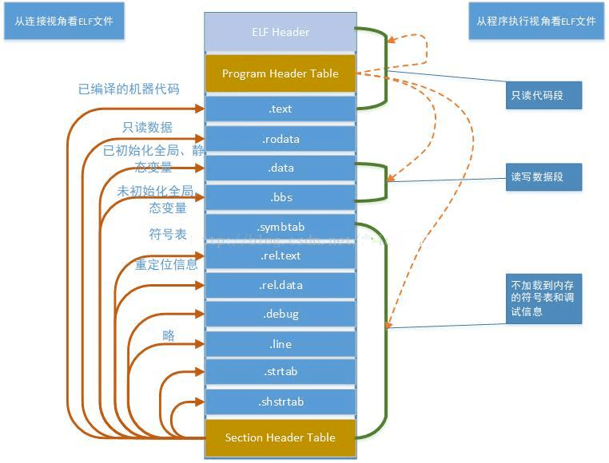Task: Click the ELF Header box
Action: [280, 32]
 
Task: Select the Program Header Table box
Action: [280, 73]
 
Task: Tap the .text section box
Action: [280, 109]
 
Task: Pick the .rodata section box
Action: [280, 139]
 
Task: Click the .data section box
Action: [280, 168]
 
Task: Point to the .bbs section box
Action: [280, 197]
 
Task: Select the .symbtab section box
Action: [280, 227]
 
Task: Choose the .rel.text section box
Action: [280, 255]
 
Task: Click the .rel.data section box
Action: [280, 285]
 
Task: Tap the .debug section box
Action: [280, 314]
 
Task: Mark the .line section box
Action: [280, 344]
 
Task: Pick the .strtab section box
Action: [280, 371]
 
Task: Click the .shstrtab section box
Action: [280, 401]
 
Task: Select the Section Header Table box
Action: [280, 437]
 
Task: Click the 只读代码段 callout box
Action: [543, 95]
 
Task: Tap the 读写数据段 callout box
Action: [543, 176]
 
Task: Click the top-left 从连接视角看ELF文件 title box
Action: [64, 22]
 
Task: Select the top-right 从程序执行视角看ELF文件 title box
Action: [536, 22]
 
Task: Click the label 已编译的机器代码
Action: [129, 89]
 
